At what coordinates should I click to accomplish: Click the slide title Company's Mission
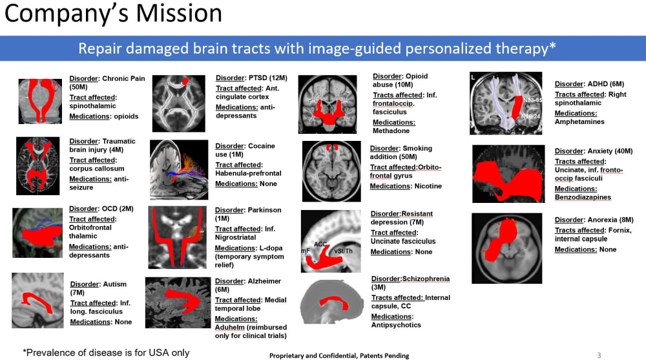(x=113, y=14)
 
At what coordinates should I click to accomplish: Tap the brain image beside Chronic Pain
(x=40, y=101)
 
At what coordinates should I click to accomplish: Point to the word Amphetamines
(x=579, y=122)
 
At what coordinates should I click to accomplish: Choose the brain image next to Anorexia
(x=506, y=248)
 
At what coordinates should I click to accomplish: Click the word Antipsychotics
(x=396, y=325)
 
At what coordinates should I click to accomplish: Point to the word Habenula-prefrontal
(x=248, y=173)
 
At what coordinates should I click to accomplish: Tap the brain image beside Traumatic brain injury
(x=39, y=166)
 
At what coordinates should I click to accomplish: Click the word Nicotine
(x=428, y=186)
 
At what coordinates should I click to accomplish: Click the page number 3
(x=598, y=355)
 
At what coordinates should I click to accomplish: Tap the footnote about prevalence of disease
(x=106, y=352)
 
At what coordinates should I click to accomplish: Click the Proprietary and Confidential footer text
(x=339, y=355)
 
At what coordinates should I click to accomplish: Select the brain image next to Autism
(x=38, y=300)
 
